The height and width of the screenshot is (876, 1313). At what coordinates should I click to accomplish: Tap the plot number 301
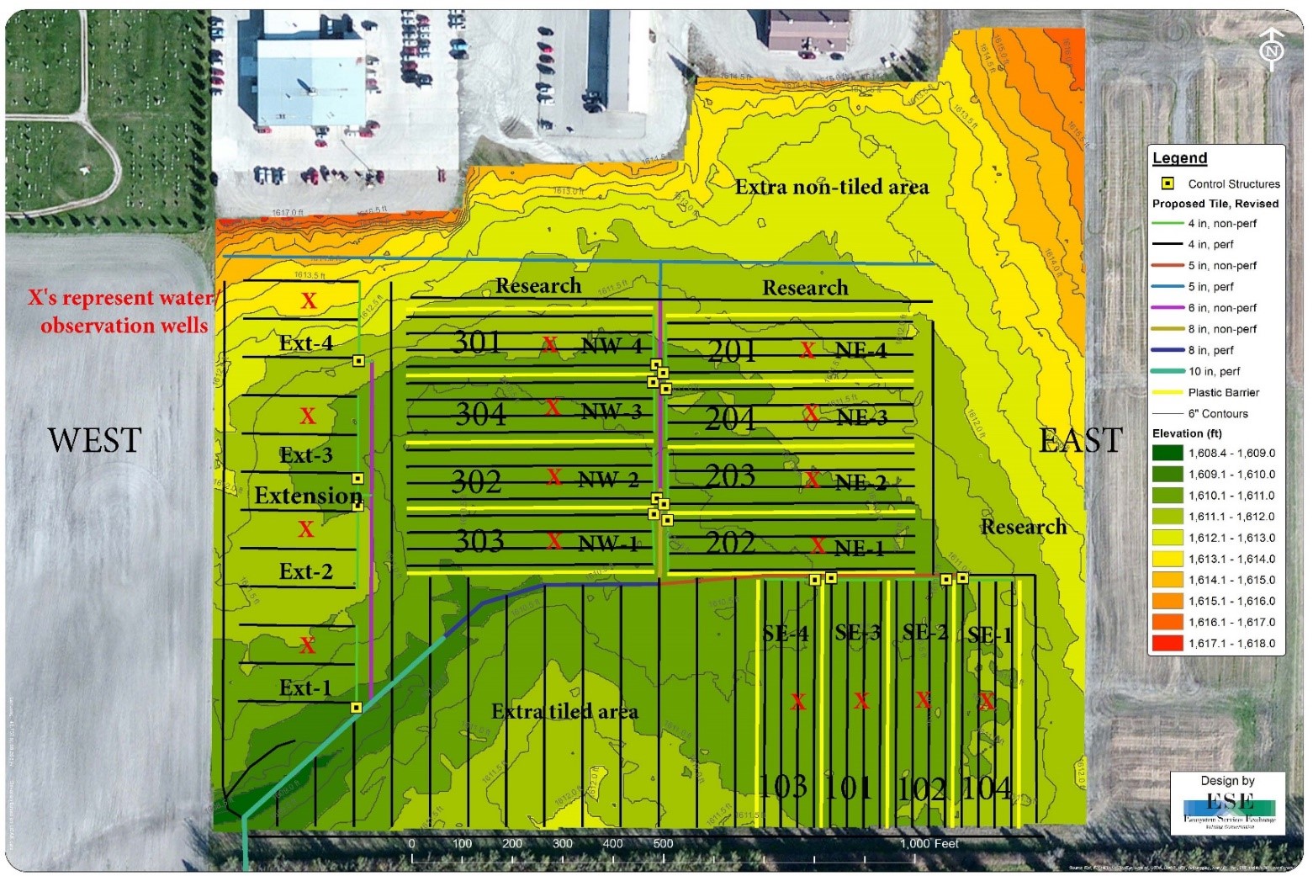(477, 342)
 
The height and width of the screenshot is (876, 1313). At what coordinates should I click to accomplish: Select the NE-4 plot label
(860, 350)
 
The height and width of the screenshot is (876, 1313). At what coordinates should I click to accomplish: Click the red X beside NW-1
(553, 541)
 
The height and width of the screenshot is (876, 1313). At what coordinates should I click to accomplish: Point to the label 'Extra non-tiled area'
(831, 187)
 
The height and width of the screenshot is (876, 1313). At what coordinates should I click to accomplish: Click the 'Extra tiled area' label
(564, 712)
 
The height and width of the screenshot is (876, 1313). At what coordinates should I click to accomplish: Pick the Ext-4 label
(305, 343)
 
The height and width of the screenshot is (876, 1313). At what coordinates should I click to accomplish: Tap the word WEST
(94, 440)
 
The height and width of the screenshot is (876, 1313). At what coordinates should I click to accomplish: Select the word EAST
(1080, 440)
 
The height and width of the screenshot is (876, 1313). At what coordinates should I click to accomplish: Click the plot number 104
(987, 788)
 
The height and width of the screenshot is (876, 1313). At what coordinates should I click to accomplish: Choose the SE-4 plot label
(785, 634)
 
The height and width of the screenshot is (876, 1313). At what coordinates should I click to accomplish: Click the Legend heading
(1179, 158)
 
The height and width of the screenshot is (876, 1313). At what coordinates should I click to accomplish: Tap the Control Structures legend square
(1167, 183)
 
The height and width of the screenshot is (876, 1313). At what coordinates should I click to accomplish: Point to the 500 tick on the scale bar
(663, 844)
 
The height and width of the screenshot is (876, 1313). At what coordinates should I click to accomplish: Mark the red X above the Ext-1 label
(308, 645)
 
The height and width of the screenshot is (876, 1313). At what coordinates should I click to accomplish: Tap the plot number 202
(730, 543)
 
